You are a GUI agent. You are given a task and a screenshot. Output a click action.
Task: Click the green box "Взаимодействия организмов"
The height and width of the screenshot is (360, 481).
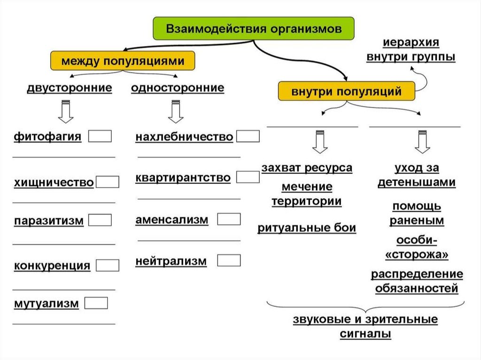[253, 29]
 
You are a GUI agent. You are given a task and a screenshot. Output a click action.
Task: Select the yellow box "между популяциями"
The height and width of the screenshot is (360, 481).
[123, 61]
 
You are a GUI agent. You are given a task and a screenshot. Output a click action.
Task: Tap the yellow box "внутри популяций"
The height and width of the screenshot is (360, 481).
[347, 91]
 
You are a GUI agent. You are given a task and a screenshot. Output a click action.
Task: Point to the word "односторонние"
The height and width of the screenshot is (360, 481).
[178, 88]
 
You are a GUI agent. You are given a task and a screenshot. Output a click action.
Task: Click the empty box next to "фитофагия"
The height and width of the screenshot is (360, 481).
[100, 136]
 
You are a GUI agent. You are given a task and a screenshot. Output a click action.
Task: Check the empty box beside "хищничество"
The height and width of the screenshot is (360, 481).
[108, 182]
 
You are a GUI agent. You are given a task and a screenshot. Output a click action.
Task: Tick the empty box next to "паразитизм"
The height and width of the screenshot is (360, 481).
[100, 220]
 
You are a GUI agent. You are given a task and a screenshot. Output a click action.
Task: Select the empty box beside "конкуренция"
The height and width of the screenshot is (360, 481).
[108, 265]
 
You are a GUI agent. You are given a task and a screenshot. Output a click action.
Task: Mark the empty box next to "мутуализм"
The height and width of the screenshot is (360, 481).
[96, 303]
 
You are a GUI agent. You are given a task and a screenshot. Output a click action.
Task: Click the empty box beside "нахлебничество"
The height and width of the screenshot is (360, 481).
[248, 136]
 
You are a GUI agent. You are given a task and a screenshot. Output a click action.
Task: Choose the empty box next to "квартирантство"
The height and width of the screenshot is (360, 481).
[248, 177]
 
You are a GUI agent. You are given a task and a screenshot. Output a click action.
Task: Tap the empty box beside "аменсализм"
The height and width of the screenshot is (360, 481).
[229, 219]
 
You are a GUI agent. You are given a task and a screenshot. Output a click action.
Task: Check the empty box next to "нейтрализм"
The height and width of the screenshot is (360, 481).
[229, 260]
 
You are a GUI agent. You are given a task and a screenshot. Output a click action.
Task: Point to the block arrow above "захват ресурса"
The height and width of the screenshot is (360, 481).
[320, 141]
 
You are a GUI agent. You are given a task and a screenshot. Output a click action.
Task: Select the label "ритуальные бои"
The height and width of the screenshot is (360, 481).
[307, 229]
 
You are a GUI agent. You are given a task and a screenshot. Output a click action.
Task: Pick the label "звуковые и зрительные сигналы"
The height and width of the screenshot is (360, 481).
[365, 327]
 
